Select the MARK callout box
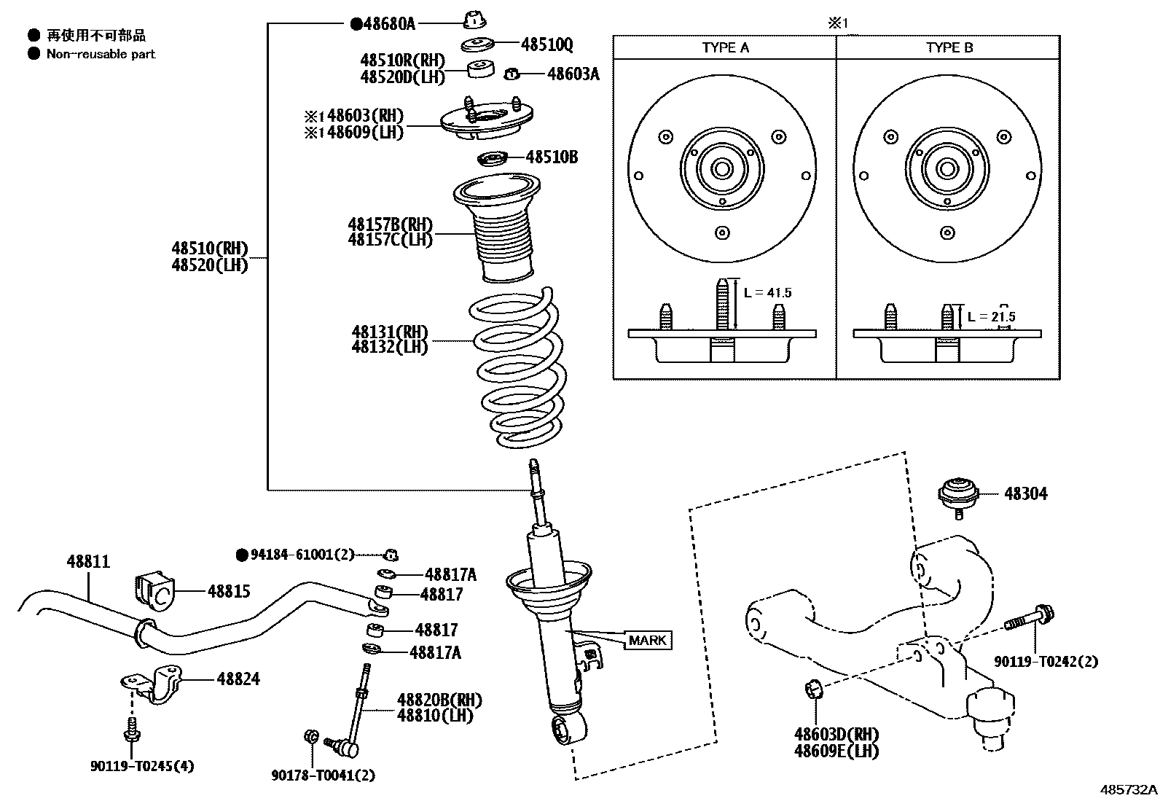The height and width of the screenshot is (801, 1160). pos(647,641)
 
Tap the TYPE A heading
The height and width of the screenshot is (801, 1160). pos(725,47)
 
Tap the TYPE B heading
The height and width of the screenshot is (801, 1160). pos(949,47)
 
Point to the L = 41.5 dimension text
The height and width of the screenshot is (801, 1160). pos(767,293)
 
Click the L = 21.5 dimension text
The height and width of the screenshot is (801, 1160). pos(991,317)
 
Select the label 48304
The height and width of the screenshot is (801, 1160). pos(1025,494)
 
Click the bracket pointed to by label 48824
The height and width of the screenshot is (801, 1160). pos(153,684)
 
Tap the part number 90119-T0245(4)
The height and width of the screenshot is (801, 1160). pos(143,767)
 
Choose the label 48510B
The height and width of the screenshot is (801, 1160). pos(552,157)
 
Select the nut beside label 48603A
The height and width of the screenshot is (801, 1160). pos(512,73)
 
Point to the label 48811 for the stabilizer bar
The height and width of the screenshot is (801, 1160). pos(88,562)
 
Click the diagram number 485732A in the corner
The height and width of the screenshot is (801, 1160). pos(1128,790)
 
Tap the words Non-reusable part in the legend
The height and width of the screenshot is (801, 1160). pos(101,54)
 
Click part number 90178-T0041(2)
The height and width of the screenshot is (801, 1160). pos(323,776)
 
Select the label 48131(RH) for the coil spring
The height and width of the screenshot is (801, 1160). pos(390,332)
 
